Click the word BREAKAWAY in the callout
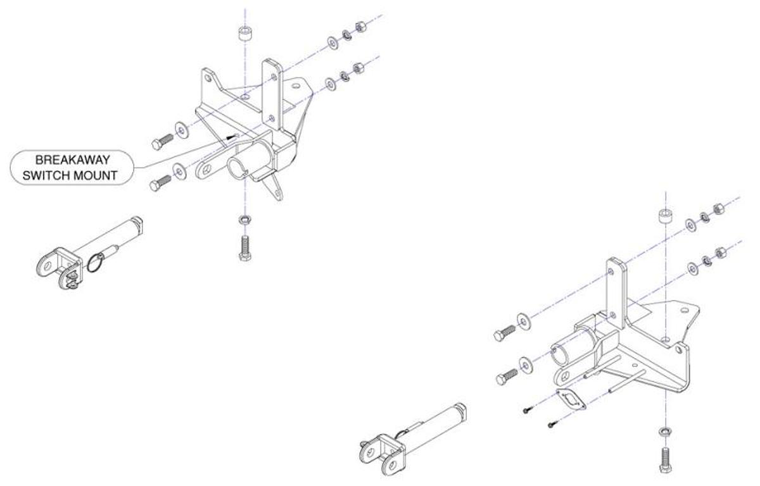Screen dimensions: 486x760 coord(72,160)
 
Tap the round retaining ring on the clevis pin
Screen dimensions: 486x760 coord(95,263)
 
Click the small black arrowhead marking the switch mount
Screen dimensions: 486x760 coord(232,136)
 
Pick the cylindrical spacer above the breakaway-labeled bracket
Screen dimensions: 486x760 coord(244,34)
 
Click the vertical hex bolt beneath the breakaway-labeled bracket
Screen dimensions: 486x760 coord(245,246)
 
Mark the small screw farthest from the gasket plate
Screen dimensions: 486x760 coord(527,411)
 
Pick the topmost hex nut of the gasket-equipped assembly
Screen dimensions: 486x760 coord(718,209)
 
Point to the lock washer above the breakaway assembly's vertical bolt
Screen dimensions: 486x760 coord(244,220)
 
